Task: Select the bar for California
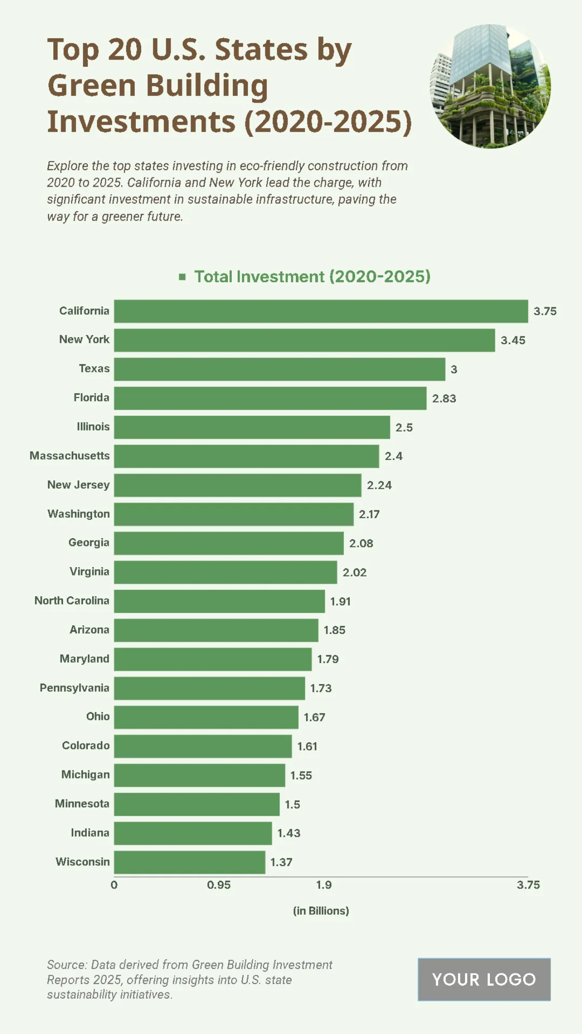point(321,311)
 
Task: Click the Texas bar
point(279,369)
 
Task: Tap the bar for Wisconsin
point(190,862)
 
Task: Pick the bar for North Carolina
point(219,601)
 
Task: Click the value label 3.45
point(513,340)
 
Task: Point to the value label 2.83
point(444,398)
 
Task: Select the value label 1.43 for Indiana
point(289,833)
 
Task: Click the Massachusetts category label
point(69,456)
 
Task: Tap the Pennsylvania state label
point(74,687)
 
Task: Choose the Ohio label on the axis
point(97,716)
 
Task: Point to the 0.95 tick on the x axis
point(219,885)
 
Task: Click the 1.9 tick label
point(323,885)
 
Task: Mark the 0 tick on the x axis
point(114,885)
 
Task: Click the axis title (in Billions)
point(321,911)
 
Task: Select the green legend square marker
point(182,277)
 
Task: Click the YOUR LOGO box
point(484,979)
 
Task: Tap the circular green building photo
point(490,86)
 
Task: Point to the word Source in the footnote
point(66,965)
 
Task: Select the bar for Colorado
point(203,746)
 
